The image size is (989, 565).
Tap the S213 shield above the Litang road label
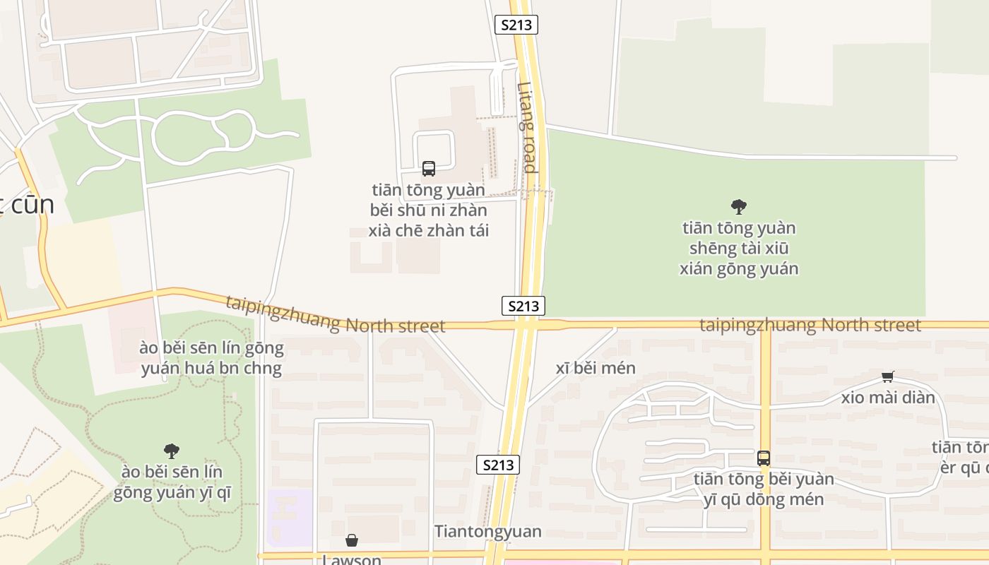click(516, 25)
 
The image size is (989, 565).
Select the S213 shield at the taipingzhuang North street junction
click(523, 306)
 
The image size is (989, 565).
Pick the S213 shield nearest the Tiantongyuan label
click(498, 465)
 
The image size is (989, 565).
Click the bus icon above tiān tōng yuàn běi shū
click(429, 169)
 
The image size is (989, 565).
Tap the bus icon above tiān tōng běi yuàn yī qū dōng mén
click(764, 458)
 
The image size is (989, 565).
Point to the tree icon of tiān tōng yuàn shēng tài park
click(739, 207)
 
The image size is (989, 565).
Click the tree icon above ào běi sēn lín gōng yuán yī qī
click(171, 451)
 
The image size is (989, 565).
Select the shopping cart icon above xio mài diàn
click(888, 376)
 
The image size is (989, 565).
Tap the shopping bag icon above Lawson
click(352, 541)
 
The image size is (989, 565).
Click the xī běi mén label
click(596, 368)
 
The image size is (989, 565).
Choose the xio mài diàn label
click(888, 398)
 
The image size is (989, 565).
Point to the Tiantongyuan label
click(488, 531)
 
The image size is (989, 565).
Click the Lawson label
click(352, 559)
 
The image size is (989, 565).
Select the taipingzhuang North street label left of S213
click(336, 316)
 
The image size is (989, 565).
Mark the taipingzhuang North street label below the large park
click(810, 325)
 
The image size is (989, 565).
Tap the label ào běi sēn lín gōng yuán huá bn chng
click(212, 358)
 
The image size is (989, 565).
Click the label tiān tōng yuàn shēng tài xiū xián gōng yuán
click(739, 248)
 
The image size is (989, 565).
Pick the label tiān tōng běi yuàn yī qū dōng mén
click(764, 489)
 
